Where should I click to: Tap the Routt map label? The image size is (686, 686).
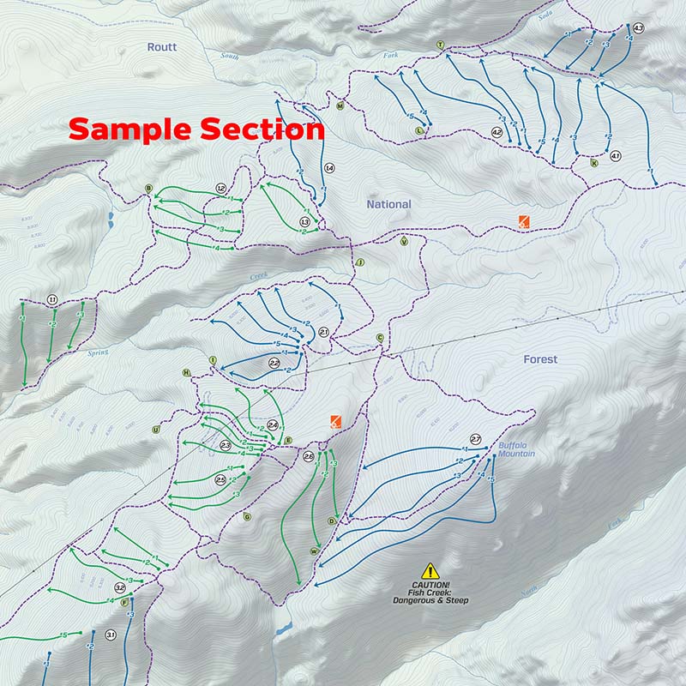(x=161, y=47)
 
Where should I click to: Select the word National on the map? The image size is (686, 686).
(x=388, y=204)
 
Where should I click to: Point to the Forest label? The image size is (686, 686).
(x=540, y=359)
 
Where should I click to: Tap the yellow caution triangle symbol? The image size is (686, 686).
(x=430, y=570)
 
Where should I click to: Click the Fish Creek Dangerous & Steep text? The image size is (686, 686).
(x=430, y=593)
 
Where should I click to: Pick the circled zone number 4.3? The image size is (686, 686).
(x=638, y=28)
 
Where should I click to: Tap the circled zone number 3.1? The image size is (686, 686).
(x=110, y=635)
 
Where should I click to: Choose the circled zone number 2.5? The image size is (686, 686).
(x=220, y=479)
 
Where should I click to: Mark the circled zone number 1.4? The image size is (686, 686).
(x=329, y=168)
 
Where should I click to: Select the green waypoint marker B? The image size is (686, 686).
(x=148, y=188)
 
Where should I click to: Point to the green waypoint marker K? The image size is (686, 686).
(x=593, y=162)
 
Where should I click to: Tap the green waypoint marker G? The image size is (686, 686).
(x=247, y=516)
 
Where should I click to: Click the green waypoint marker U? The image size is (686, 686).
(x=155, y=429)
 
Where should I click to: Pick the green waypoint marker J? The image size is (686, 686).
(x=360, y=262)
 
